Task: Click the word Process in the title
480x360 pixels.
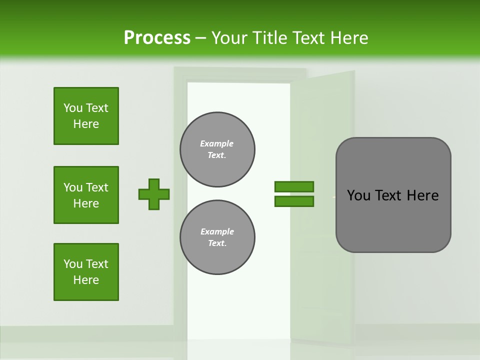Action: pos(157,38)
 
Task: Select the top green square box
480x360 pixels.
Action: pos(86,116)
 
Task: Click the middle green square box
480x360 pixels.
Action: pos(86,195)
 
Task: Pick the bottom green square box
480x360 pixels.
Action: pos(86,272)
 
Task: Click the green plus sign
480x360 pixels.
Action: pos(154,194)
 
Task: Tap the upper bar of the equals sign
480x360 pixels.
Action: pos(294,186)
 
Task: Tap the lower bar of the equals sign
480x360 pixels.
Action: pos(294,201)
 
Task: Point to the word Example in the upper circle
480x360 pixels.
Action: pos(217,143)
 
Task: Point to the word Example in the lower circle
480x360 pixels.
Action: pos(217,231)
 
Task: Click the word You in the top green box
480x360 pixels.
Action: pos(72,108)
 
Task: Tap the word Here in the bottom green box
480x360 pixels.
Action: pos(86,280)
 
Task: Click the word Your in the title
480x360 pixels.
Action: pos(229,38)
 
